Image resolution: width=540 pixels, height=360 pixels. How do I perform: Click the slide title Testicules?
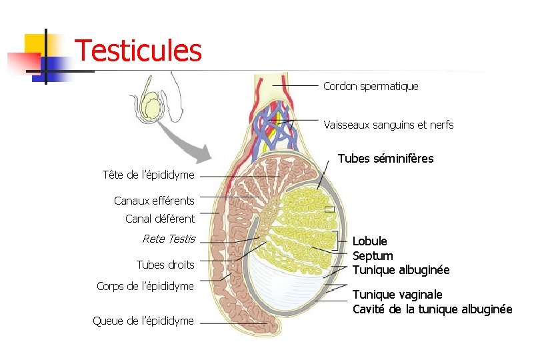[x=138, y=50]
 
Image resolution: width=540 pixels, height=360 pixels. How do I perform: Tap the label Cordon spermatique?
[x=371, y=86]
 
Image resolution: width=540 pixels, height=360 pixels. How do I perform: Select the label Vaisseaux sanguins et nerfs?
[x=388, y=125]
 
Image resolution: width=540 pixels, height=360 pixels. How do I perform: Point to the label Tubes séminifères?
[x=385, y=159]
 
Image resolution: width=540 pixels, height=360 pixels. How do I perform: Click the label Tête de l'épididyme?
[x=149, y=175]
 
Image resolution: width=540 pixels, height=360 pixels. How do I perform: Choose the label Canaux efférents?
[x=154, y=201]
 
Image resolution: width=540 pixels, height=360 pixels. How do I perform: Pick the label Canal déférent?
[x=160, y=219]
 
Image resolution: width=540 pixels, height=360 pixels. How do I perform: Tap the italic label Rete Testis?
[x=169, y=239]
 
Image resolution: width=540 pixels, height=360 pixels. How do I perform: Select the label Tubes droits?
[x=165, y=265]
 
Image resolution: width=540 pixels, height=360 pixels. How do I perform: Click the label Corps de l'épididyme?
[x=145, y=286]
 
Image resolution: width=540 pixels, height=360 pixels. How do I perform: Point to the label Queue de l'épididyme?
[x=143, y=321]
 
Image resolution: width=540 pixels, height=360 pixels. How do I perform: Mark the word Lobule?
[x=369, y=241]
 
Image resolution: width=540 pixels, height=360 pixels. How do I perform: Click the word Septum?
[x=373, y=256]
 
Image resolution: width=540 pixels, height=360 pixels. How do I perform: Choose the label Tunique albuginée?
[x=401, y=270]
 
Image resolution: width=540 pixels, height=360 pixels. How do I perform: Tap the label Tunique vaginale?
[x=397, y=295]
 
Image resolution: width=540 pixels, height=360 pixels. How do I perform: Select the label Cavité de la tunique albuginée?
[x=432, y=309]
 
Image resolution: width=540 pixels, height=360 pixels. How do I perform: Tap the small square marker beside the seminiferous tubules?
[x=329, y=209]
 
